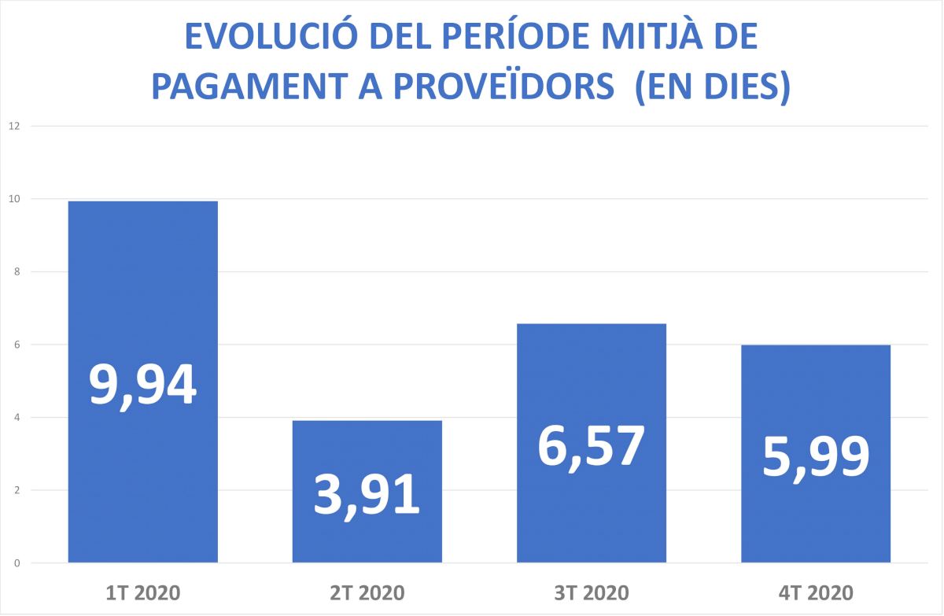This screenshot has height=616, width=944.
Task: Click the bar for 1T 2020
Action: (142, 299)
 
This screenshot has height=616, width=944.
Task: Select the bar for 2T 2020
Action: (367, 456)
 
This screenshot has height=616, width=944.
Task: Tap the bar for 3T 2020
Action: (591, 378)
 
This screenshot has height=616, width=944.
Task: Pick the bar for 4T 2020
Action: (815, 393)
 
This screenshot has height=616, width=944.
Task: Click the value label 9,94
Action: (142, 385)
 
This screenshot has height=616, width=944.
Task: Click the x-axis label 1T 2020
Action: (142, 592)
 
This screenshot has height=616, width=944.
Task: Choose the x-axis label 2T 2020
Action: (367, 592)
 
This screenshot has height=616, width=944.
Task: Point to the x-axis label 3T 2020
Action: (591, 592)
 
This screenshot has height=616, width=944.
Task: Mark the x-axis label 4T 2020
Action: (815, 592)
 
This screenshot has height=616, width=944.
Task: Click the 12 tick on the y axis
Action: (13, 126)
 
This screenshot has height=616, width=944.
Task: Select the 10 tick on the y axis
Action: (13, 199)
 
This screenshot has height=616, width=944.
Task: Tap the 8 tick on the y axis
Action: (16, 272)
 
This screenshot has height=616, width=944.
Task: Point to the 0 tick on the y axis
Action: (16, 563)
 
